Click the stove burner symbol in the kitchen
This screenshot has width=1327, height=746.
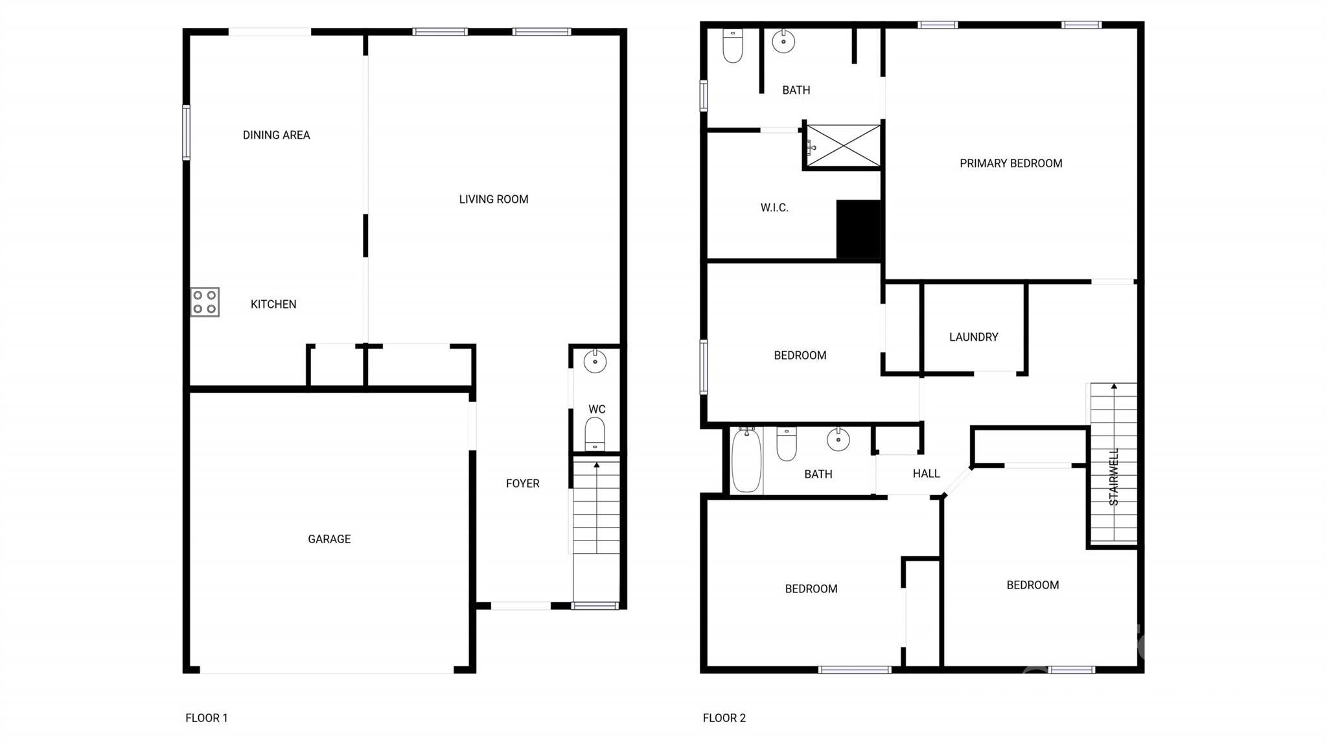(205, 302)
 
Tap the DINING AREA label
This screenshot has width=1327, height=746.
(276, 135)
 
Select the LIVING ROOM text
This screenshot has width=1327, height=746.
(493, 199)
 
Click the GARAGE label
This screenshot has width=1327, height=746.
(329, 539)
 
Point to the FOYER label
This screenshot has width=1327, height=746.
(522, 483)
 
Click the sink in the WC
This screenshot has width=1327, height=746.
(595, 361)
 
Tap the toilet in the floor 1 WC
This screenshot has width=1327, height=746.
(595, 433)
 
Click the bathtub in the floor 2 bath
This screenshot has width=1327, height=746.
(746, 460)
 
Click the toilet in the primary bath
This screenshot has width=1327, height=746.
(733, 45)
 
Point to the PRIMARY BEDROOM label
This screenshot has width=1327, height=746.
(1010, 163)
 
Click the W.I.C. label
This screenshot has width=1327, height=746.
(774, 207)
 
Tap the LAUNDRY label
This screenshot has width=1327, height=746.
(973, 336)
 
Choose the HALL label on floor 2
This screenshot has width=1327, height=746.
(926, 473)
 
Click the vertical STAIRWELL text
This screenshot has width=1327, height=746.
(1114, 476)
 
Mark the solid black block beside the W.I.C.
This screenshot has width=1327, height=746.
(860, 229)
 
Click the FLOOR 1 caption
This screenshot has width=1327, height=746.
(206, 717)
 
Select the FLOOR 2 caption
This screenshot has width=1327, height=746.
(724, 717)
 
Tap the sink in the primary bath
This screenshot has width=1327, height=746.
(783, 41)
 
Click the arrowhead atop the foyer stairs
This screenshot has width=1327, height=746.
(596, 464)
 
